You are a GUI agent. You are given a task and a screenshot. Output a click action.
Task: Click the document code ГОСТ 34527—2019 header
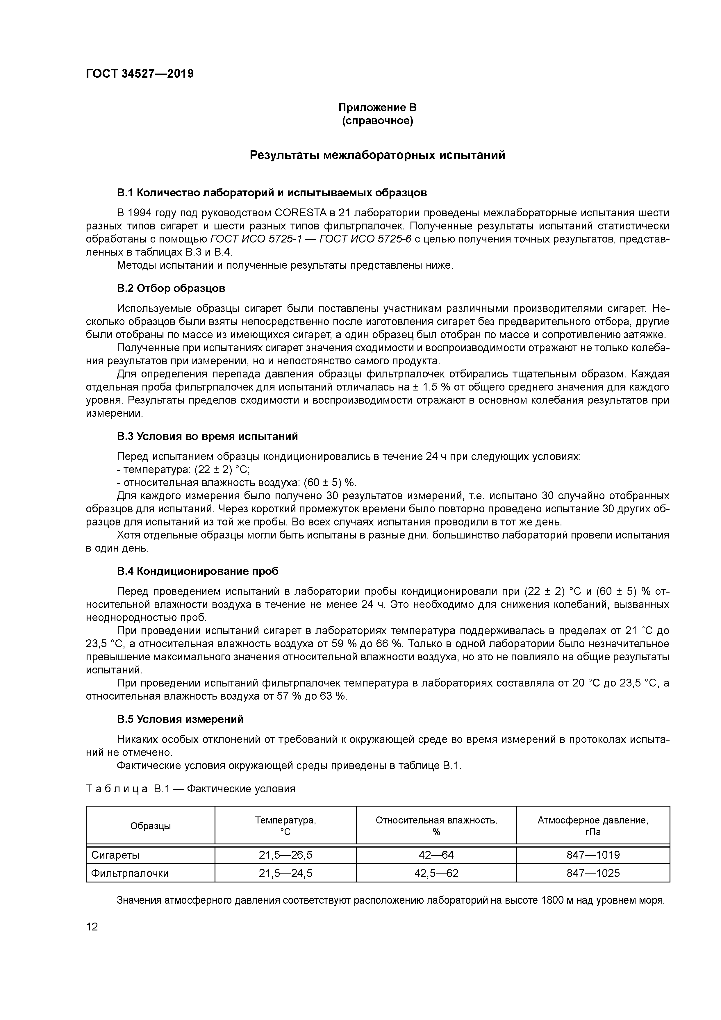pyautogui.click(x=140, y=74)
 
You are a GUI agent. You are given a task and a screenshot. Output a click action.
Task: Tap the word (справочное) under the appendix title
pyautogui.click(x=377, y=121)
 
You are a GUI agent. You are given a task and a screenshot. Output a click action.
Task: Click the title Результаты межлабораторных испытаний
pyautogui.click(x=377, y=155)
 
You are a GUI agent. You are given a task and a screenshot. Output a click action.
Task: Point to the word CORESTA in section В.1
pyautogui.click(x=301, y=213)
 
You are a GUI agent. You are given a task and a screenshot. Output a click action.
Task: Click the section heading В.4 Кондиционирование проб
pyautogui.click(x=198, y=571)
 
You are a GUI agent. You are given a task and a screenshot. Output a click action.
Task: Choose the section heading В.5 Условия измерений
pyautogui.click(x=180, y=719)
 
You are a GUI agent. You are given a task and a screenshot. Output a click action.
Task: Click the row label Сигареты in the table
pyautogui.click(x=115, y=855)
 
